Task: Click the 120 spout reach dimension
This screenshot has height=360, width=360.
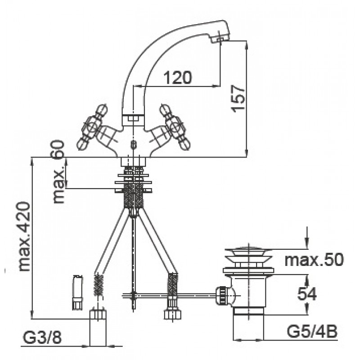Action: click(178, 77)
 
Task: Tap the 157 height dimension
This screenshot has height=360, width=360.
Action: click(238, 99)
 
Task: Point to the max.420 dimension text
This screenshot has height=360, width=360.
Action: click(24, 237)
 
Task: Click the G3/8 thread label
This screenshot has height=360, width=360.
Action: click(42, 337)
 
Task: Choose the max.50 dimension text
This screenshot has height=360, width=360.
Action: click(314, 260)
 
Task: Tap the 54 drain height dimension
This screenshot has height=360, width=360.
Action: click(307, 294)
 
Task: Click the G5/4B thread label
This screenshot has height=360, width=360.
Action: click(312, 332)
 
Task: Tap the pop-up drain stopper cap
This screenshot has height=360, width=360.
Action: click(248, 255)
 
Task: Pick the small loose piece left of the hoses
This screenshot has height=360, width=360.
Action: click(77, 292)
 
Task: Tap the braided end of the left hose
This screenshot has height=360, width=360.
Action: click(99, 285)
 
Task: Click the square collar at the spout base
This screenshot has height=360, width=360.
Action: click(133, 120)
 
